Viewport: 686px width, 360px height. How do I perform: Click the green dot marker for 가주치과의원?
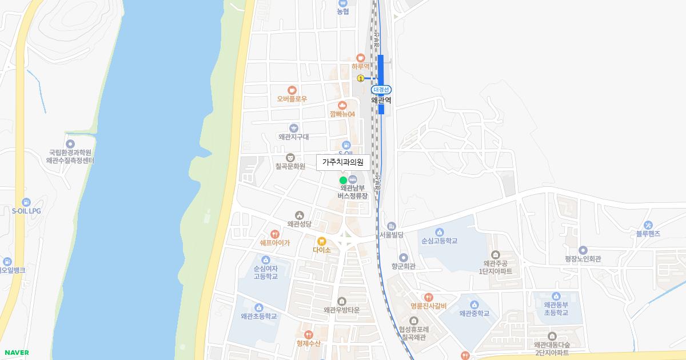coord(343,180)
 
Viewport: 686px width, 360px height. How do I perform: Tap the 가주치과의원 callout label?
coord(343,162)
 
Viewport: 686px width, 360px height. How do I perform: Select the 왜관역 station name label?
coord(381,100)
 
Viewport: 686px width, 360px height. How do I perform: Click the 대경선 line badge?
coord(381,90)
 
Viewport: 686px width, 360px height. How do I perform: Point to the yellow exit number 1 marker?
coord(360,78)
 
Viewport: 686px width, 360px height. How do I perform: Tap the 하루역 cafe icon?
coord(360,57)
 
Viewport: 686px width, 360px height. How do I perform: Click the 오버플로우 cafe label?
coord(292,99)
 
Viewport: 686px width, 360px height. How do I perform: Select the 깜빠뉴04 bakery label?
coord(342,114)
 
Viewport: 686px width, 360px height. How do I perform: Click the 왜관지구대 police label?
coord(293,137)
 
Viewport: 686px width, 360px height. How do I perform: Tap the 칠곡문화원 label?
coord(290,166)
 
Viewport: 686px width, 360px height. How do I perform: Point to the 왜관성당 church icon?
coord(299,215)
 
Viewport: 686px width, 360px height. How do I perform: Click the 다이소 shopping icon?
coord(321,241)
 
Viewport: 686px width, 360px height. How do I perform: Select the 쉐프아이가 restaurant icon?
coord(274,234)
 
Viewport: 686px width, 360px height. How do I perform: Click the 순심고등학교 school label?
coord(439,241)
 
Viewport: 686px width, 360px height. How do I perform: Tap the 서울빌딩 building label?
coord(392,235)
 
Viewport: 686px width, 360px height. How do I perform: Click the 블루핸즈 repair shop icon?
coord(648,225)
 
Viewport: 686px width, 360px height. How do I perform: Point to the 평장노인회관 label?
coord(583,259)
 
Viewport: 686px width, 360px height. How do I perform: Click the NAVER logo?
coord(15,353)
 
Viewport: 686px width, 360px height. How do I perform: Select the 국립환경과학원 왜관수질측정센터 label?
coord(70,157)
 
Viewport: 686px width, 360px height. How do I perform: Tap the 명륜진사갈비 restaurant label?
coord(428,306)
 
